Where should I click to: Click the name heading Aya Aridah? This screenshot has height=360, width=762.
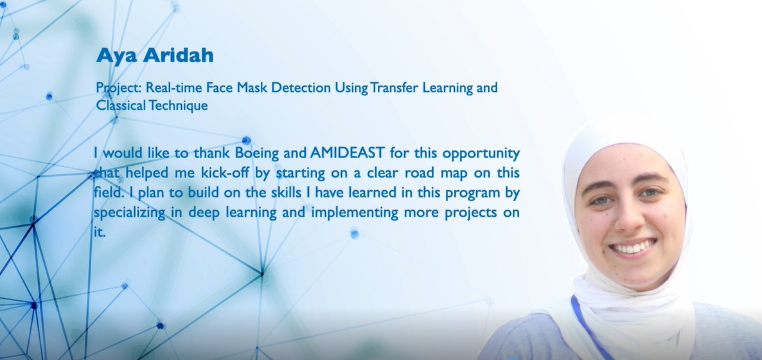tap(155, 55)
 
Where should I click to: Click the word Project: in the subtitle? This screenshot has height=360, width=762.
tap(119, 89)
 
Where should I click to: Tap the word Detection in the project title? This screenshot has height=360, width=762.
tap(301, 87)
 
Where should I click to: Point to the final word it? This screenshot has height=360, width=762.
tap(99, 232)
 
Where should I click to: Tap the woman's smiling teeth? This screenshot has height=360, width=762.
tap(633, 248)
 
